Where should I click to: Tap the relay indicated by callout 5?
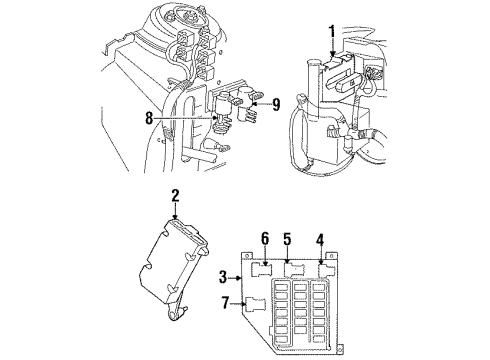[x=295, y=267]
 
